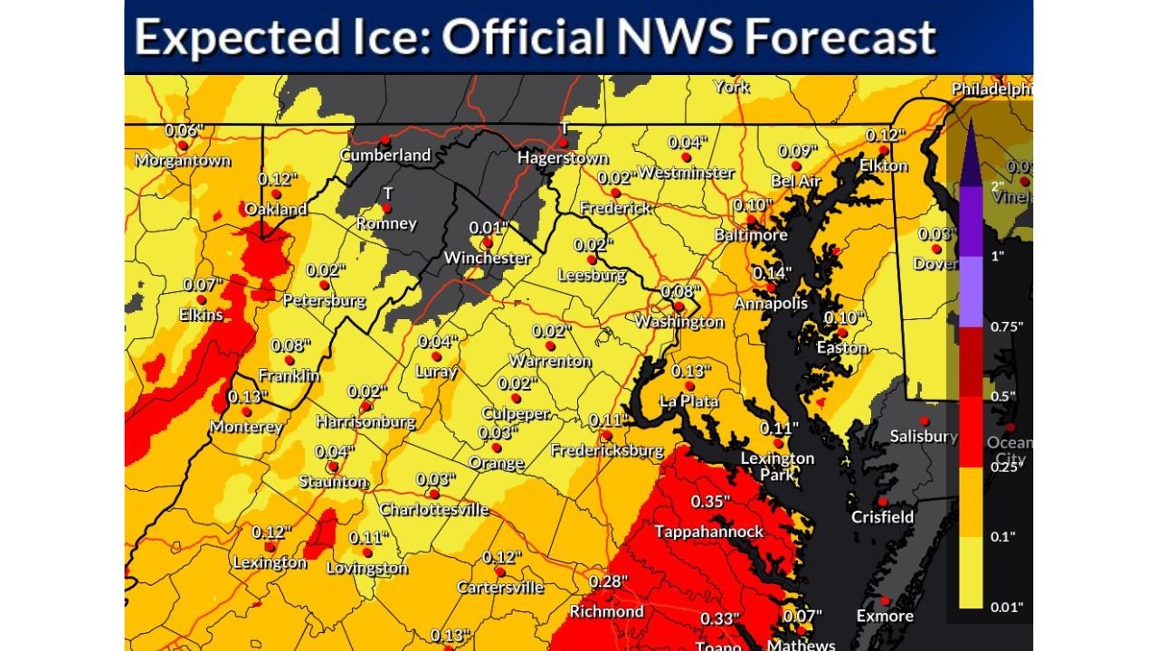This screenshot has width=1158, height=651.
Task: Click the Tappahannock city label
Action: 709,531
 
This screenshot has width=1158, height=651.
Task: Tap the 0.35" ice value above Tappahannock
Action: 710,501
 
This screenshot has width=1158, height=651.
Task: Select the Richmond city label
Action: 606,611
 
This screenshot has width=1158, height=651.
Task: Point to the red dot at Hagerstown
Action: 562,142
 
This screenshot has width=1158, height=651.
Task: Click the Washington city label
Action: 679,321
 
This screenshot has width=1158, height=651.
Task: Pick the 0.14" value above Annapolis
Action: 772,273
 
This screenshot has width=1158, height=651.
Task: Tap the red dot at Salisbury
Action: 925,420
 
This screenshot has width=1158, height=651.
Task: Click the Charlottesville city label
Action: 434,509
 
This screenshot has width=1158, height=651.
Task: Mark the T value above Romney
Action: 387,193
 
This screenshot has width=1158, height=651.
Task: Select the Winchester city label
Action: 487,258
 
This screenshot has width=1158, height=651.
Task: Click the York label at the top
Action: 731,87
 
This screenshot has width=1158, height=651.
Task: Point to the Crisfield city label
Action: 882,517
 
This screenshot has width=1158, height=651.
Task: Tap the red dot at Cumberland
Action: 384,139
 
